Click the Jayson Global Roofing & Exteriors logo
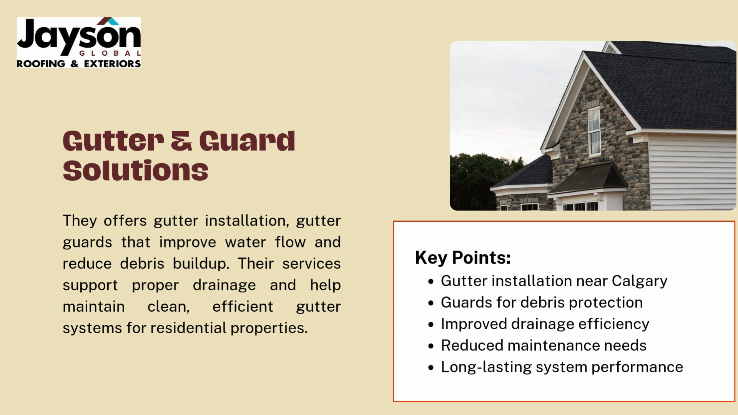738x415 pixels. tap(79, 43)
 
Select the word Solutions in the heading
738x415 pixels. tap(136, 171)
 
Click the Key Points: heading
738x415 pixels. tap(463, 258)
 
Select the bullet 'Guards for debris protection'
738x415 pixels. tap(542, 302)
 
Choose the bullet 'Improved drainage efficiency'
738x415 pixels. tap(545, 324)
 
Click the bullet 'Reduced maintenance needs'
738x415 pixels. tap(544, 345)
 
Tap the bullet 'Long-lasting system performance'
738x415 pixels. tap(562, 367)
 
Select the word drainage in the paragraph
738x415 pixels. tap(224, 285)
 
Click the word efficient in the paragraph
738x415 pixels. tap(243, 307)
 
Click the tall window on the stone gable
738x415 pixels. tap(594, 131)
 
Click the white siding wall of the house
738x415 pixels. tap(692, 171)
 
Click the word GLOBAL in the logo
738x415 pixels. tap(110, 53)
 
